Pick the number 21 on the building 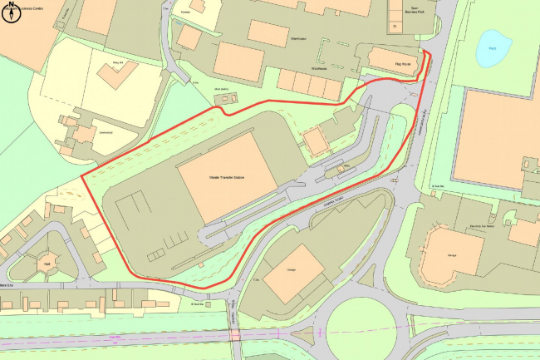coord(396,27)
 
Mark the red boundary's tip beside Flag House coord(428,52)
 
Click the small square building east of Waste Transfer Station coord(314,141)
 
